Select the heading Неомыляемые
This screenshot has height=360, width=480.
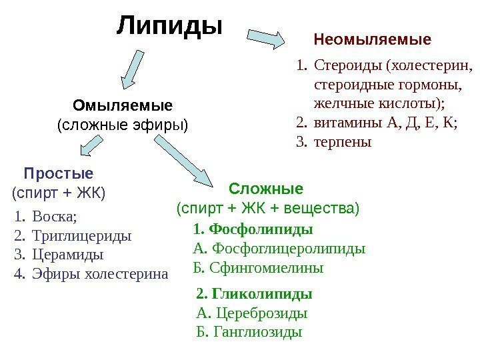coord(373,40)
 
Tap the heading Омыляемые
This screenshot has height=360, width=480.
coord(122,105)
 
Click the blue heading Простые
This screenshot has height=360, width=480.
coord(59,174)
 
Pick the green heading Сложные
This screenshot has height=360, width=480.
coord(266,188)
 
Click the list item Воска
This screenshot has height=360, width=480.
coord(54,217)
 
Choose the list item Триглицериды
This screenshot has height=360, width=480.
coord(81,236)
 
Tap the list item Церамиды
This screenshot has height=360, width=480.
coord(68,255)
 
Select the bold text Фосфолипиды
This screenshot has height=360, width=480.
coord(261,229)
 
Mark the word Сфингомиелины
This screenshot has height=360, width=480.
coord(266,268)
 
